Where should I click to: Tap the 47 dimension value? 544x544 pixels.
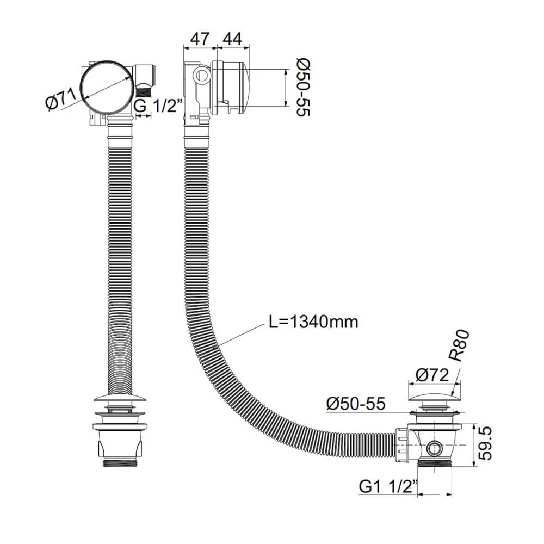(x=199, y=39)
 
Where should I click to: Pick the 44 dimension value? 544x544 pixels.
(x=232, y=39)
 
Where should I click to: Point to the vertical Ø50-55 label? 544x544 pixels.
(x=302, y=87)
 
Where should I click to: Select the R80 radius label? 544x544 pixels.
(x=460, y=346)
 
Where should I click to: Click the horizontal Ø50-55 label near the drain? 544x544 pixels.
(x=356, y=404)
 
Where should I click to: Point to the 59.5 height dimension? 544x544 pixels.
(x=486, y=443)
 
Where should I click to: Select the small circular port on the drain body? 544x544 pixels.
(x=435, y=448)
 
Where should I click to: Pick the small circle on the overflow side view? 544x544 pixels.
(x=202, y=75)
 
